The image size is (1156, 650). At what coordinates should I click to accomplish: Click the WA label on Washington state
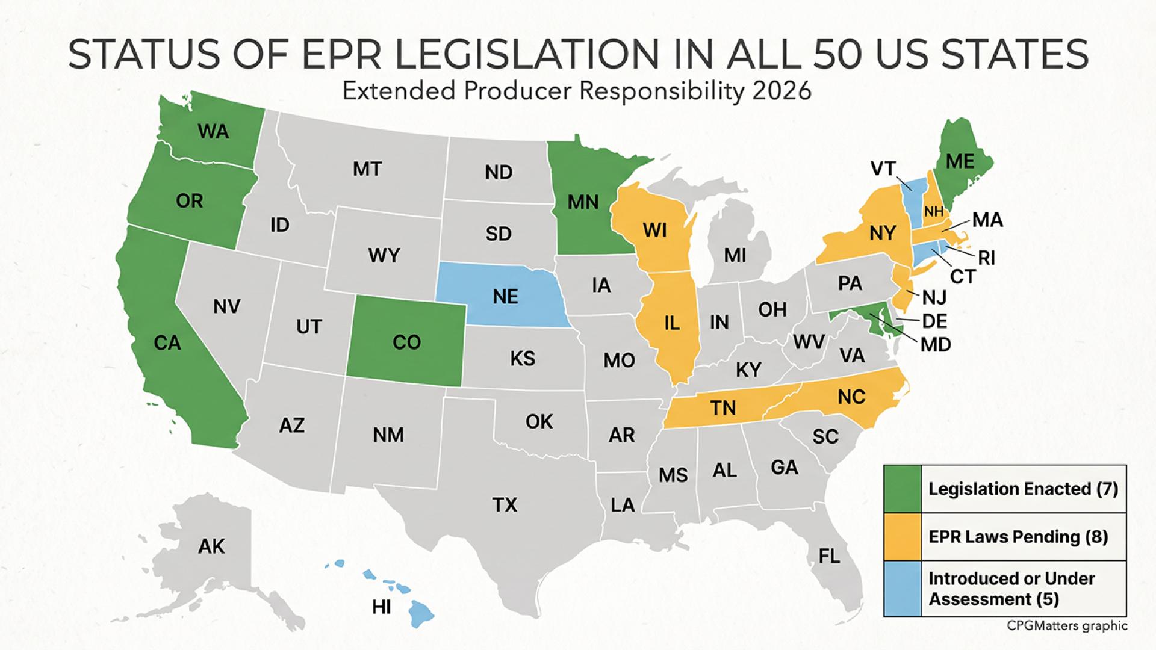click(213, 131)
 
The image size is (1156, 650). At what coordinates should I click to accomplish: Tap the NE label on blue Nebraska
click(505, 296)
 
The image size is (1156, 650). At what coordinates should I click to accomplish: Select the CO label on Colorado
click(406, 342)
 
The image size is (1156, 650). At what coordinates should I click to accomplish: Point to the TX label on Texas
click(505, 504)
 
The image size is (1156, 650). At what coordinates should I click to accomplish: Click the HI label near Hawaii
click(381, 607)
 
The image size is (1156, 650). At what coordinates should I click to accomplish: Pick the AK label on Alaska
click(211, 546)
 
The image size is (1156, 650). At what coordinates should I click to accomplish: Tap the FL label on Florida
click(829, 556)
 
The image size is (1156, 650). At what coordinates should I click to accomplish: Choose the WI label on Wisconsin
click(654, 230)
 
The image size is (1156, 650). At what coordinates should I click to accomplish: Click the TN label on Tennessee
click(722, 408)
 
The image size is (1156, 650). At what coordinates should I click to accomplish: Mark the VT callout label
click(883, 169)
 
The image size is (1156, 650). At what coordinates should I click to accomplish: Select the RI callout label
click(986, 258)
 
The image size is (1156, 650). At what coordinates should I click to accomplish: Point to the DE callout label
click(934, 321)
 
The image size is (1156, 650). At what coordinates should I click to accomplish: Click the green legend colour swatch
click(902, 489)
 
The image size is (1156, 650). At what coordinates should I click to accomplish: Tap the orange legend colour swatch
click(902, 537)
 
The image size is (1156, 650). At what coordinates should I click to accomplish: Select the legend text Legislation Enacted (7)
click(1023, 489)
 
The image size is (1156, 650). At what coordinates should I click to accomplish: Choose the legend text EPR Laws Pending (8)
click(1018, 536)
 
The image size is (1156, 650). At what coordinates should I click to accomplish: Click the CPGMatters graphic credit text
click(1067, 626)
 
